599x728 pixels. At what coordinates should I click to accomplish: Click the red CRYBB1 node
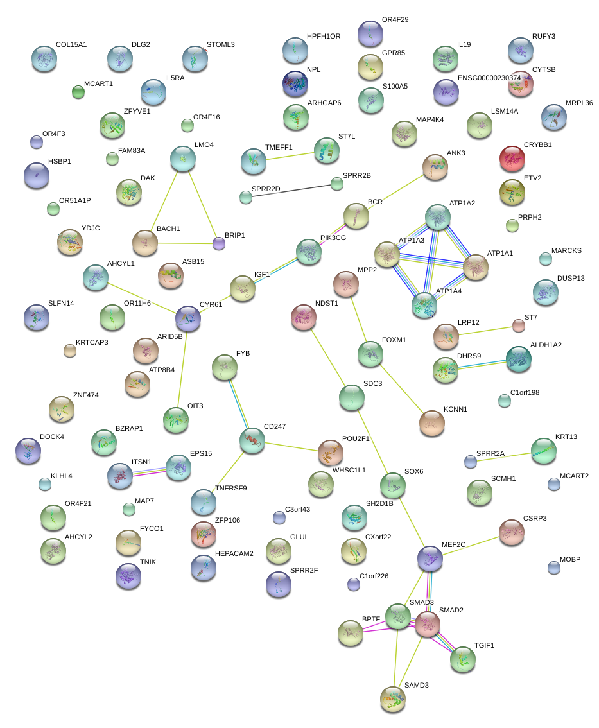coord(512,158)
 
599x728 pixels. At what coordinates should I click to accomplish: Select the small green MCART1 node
coord(78,92)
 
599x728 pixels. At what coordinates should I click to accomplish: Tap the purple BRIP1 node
coord(220,243)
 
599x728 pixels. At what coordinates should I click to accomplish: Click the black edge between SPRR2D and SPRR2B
coord(291,191)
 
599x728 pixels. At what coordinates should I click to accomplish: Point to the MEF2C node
coord(430,559)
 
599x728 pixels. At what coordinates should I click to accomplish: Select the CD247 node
coord(252,440)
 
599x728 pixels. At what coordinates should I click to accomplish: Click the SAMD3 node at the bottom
coord(393,699)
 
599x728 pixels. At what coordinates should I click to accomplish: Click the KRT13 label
coord(566,437)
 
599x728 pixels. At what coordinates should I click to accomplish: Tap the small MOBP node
coord(553,568)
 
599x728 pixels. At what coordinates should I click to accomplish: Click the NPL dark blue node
coord(295,83)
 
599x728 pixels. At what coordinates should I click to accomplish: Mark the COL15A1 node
coord(44,58)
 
